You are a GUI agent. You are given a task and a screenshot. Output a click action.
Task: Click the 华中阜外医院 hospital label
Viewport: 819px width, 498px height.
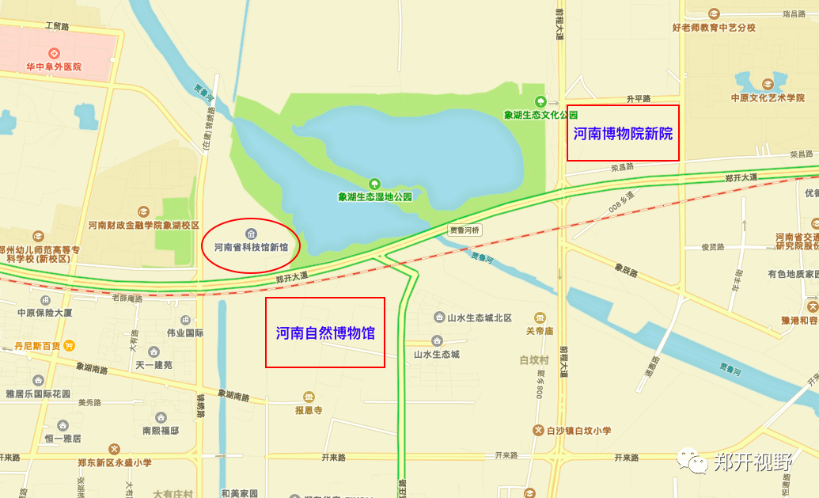(x=54, y=67)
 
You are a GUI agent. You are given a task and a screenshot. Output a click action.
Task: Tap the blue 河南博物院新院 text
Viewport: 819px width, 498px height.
(x=623, y=134)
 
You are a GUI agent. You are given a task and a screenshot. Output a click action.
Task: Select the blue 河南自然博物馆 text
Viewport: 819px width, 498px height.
(x=325, y=333)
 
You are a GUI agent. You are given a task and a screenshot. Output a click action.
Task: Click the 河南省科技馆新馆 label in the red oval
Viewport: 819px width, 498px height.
(x=251, y=247)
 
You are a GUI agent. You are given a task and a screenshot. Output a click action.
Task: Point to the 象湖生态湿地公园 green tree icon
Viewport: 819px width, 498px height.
(x=374, y=184)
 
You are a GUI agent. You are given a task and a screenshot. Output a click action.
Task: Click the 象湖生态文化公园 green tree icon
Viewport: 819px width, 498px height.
(x=540, y=101)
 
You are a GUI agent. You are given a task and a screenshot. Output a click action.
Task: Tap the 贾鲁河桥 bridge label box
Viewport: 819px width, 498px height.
(x=464, y=230)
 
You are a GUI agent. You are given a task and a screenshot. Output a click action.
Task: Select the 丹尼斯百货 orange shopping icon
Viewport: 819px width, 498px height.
(x=70, y=345)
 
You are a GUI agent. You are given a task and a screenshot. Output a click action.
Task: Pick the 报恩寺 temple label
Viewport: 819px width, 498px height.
(x=309, y=410)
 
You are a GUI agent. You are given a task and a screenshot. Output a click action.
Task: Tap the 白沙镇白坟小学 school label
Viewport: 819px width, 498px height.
(x=578, y=431)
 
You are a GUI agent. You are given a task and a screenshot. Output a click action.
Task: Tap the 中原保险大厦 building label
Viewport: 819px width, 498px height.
(x=45, y=313)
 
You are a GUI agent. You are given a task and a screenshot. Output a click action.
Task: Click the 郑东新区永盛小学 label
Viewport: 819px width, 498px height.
(x=115, y=462)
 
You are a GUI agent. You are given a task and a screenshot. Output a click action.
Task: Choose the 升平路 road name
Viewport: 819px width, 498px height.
(x=638, y=99)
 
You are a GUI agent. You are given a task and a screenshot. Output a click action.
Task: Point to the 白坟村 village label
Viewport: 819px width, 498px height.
(x=534, y=360)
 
